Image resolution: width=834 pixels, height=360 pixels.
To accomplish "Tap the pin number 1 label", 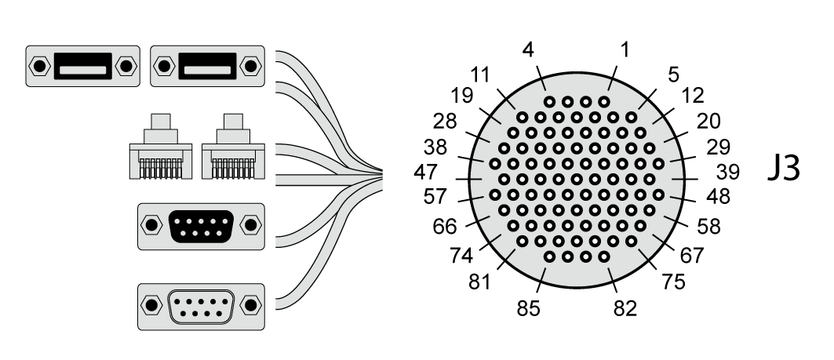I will pyautogui.click(x=625, y=51).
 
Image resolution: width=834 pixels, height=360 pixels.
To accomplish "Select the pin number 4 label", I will pyautogui.click(x=529, y=51).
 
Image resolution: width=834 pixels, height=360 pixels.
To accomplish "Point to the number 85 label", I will pyautogui.click(x=529, y=308).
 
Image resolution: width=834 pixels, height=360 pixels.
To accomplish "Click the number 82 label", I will pyautogui.click(x=625, y=308).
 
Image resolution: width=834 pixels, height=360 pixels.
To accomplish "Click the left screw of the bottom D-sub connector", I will pyautogui.click(x=149, y=304).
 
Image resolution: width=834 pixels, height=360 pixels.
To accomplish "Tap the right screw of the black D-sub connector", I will pyautogui.click(x=250, y=226).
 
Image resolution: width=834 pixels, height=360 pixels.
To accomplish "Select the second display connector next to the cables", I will pyautogui.click(x=207, y=65).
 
